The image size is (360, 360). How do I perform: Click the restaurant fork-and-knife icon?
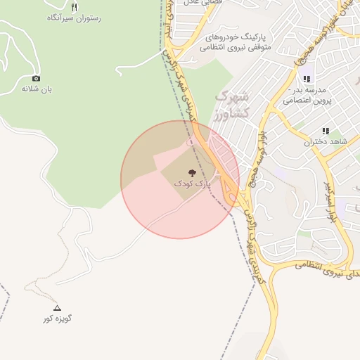[x=75, y=7]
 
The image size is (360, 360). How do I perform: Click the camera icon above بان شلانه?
[x=37, y=78]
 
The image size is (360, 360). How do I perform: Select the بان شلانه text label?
[x=37, y=89]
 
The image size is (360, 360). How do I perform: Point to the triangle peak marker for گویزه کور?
[x=58, y=308]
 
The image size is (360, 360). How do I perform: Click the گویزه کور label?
[x=58, y=319]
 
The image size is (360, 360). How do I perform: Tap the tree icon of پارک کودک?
[x=192, y=172]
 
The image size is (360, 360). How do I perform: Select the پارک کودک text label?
[x=192, y=184]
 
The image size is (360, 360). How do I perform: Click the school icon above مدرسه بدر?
[x=306, y=79]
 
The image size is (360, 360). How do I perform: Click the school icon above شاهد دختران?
[x=326, y=131]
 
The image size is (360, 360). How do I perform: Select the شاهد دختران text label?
[x=326, y=142]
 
